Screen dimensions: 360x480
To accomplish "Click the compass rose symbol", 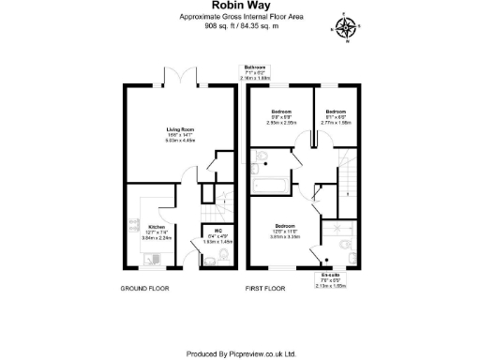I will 348,29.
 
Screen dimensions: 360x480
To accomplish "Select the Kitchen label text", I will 157,226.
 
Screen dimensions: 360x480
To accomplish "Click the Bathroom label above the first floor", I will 255,67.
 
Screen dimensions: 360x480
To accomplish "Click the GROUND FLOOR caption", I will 144,289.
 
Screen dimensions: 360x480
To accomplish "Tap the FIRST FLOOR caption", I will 264,289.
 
